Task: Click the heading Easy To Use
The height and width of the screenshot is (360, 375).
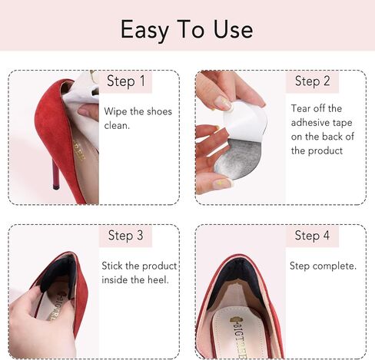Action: [x=187, y=28]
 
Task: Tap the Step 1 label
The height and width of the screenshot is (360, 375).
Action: [x=126, y=81]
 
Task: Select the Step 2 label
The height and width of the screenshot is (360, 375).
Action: [x=313, y=81]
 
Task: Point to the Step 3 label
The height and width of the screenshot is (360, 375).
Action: [x=126, y=236]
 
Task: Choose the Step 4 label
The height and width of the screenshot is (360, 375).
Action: [x=313, y=236]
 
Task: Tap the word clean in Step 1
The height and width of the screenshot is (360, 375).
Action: [x=117, y=125]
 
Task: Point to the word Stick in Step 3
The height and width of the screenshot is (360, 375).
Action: [x=114, y=266]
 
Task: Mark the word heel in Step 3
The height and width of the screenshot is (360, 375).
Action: [x=158, y=279]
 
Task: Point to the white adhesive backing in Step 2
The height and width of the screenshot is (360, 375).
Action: [x=246, y=119]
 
